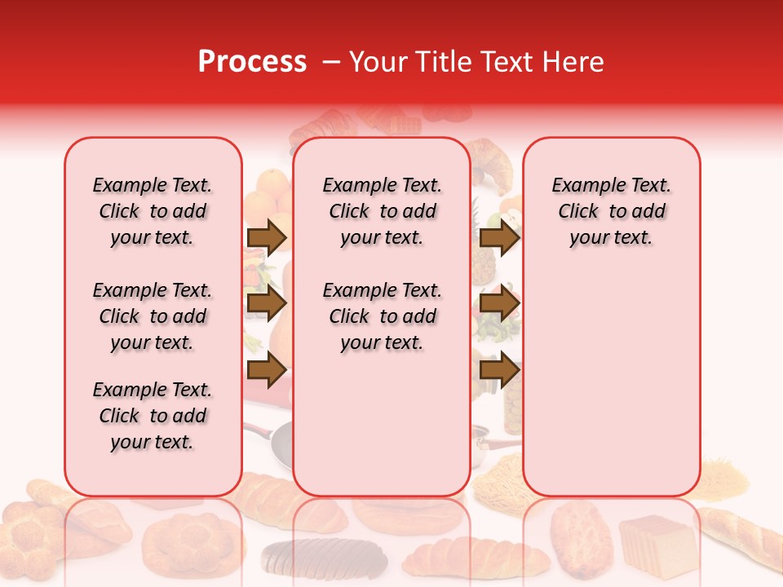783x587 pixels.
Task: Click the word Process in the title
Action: (252, 62)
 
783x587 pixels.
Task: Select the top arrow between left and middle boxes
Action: (267, 237)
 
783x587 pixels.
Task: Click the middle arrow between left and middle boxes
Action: (267, 304)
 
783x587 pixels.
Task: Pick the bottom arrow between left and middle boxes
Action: (267, 370)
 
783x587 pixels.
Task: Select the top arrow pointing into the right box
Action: (499, 237)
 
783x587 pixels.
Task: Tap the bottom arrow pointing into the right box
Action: (499, 370)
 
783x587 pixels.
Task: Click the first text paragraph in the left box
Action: (153, 211)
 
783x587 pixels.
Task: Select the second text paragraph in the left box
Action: (153, 316)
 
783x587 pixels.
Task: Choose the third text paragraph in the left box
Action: (153, 416)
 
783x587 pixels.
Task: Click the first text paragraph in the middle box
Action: (382, 211)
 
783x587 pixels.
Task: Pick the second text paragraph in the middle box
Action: (382, 316)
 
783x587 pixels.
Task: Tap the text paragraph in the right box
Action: (611, 211)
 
